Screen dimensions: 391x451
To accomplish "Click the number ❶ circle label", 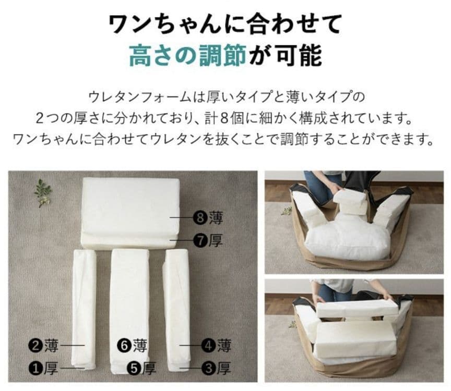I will click(x=35, y=369).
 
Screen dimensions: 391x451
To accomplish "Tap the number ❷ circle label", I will click(x=35, y=345).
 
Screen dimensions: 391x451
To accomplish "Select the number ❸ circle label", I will click(x=209, y=369).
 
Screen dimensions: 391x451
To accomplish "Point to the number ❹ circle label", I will click(x=209, y=345).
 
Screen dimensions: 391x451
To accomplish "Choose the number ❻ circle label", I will click(x=124, y=345).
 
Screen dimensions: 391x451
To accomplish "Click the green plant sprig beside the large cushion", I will click(x=43, y=192).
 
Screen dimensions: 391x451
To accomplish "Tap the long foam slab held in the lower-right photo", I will click(x=357, y=308).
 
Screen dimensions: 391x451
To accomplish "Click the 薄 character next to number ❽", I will click(x=216, y=216).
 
